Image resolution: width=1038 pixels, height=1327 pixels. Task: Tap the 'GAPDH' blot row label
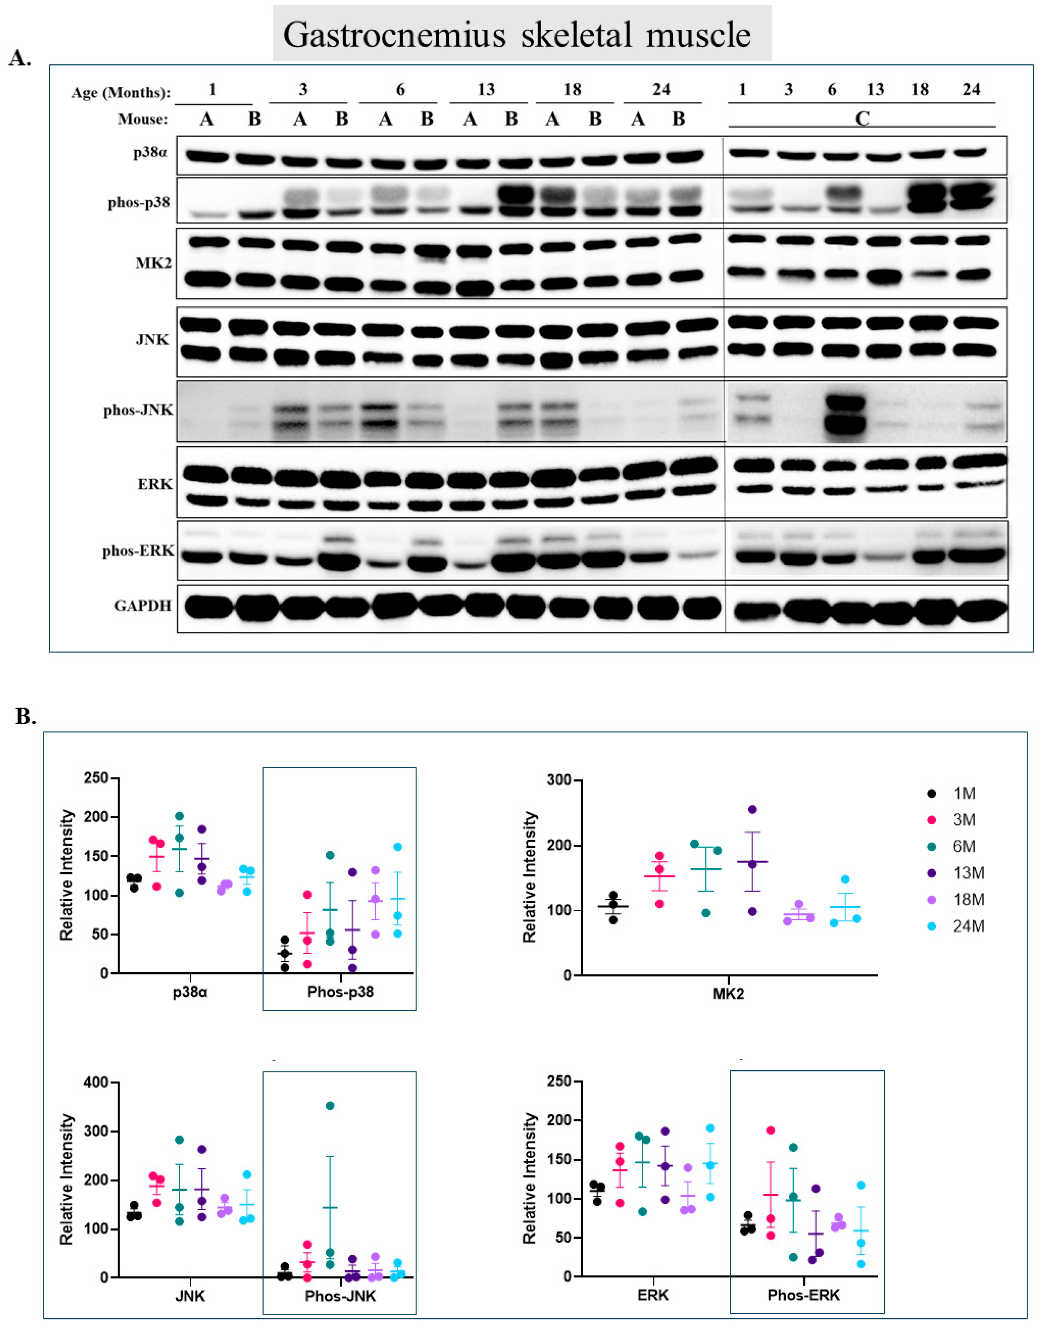coord(143,606)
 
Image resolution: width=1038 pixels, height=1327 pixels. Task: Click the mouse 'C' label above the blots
coord(862,119)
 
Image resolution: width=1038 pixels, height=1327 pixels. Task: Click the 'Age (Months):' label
coord(121,92)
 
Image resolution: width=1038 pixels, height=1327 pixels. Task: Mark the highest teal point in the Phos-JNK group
coord(330,1106)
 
